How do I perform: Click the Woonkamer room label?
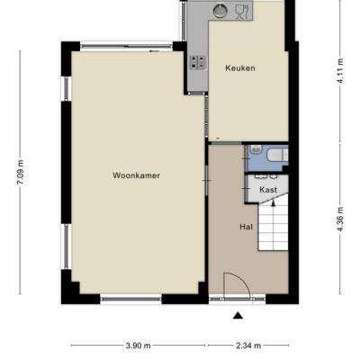point(136,175)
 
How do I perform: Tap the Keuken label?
point(240,68)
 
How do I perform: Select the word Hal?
point(246,227)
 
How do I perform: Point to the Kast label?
point(268,190)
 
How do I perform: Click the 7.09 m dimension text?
point(21,173)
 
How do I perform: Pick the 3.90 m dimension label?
point(138,346)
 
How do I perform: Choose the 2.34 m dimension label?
point(248,346)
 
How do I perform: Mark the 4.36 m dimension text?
point(340,219)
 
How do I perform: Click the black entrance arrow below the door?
point(238,315)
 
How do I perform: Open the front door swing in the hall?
point(237,285)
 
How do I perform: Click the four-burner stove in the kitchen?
point(198,62)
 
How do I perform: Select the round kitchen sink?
point(220,11)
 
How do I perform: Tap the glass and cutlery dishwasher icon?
point(242,12)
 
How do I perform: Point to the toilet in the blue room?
point(277,156)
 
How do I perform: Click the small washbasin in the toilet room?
point(256,149)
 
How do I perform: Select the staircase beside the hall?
point(274,222)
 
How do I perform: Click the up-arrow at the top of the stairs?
point(273,202)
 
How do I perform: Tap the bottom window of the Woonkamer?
point(131,299)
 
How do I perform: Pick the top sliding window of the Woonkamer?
point(126,46)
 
